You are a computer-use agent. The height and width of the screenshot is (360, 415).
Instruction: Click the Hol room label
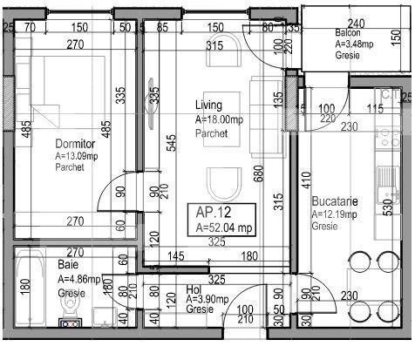(194, 288)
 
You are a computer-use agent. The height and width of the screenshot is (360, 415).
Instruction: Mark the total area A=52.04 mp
(224, 228)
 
